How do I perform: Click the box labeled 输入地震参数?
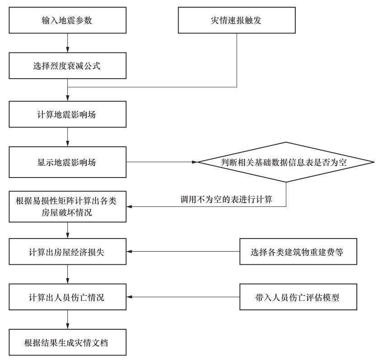tap(68, 20)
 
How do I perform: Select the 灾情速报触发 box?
tap(237, 20)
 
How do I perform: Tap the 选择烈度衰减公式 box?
tap(68, 65)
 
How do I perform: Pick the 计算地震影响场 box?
tap(68, 114)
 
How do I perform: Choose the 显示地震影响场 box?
tap(68, 162)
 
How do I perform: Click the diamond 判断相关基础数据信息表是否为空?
tap(286, 162)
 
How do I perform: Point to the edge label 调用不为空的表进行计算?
tap(227, 200)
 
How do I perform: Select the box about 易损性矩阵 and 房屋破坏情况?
tap(68, 207)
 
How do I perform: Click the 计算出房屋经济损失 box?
tap(68, 252)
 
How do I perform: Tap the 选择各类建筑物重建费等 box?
tap(298, 252)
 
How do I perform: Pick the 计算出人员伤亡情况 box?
tap(68, 297)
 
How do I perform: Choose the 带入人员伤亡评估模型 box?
tap(298, 297)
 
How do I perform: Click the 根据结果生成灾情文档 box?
tap(68, 342)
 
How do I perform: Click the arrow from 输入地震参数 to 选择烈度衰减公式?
tap(68, 43)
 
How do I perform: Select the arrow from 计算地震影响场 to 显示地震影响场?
tap(68, 137)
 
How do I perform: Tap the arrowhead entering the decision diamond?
tap(195, 162)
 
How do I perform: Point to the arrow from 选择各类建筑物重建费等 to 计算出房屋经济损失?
tap(183, 252)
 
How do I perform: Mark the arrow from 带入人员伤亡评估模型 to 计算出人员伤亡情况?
tap(183, 297)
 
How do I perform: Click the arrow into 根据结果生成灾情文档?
tap(68, 320)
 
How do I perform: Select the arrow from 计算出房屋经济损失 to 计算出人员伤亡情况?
tap(68, 274)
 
